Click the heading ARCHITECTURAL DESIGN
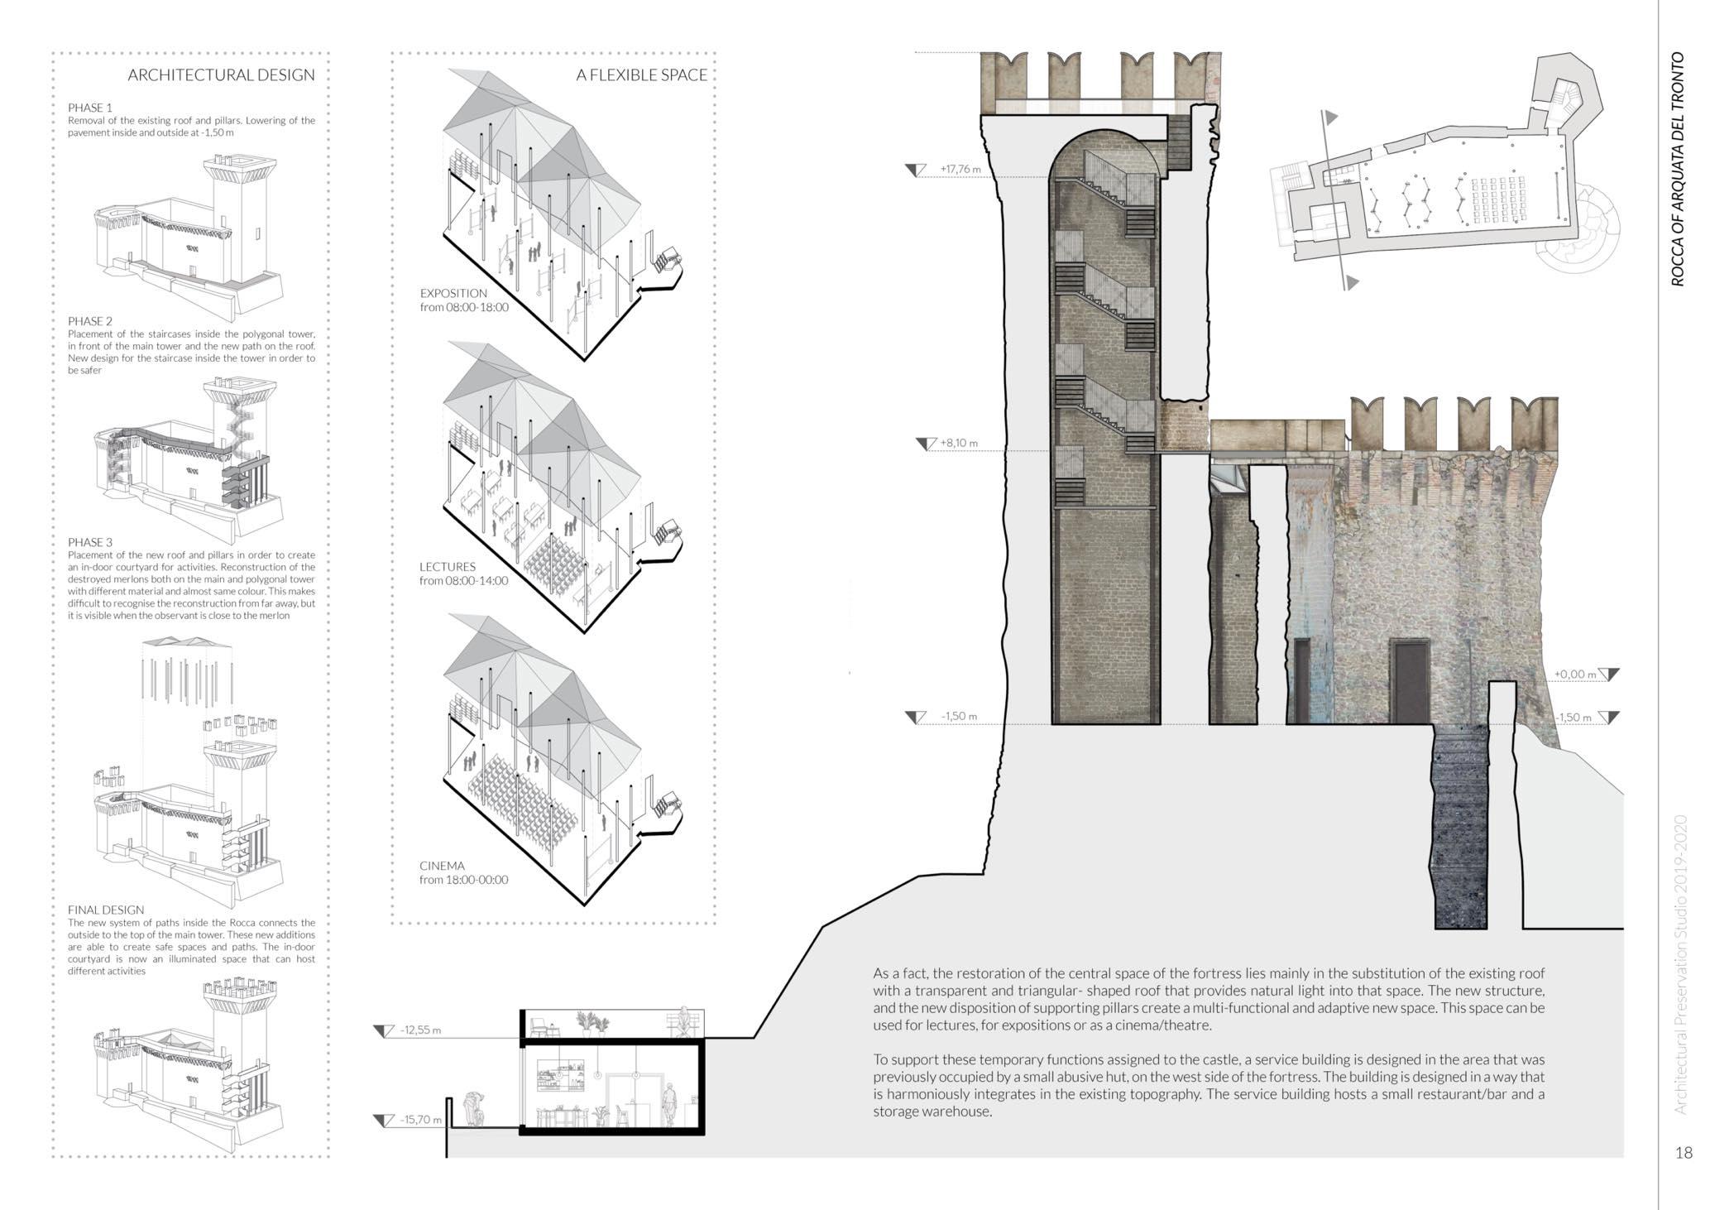tap(221, 75)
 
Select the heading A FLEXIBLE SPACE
tap(641, 75)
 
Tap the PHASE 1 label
tap(90, 108)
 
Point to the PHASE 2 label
tap(90, 321)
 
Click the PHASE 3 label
tap(90, 542)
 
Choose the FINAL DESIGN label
tap(106, 910)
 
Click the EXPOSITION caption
tap(453, 293)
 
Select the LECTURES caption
tap(448, 567)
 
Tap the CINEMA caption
tap(442, 866)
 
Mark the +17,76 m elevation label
tap(960, 170)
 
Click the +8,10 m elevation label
tap(958, 444)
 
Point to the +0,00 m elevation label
tap(1574, 675)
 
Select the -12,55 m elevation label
tap(420, 1030)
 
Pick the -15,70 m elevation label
tap(420, 1120)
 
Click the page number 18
tap(1684, 1152)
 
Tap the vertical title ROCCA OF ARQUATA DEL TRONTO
tap(1678, 170)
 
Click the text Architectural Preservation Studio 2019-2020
tap(1679, 964)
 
